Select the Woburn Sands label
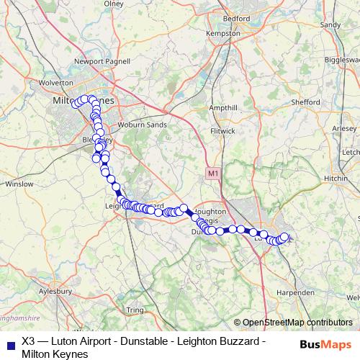[x=146, y=125]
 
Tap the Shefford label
[x=305, y=103]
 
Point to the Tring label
[x=135, y=310]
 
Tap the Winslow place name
[x=19, y=184]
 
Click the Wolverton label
[x=51, y=84]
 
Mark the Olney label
[x=114, y=4]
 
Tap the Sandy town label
[x=330, y=24]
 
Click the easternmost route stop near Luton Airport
[x=284, y=236]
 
